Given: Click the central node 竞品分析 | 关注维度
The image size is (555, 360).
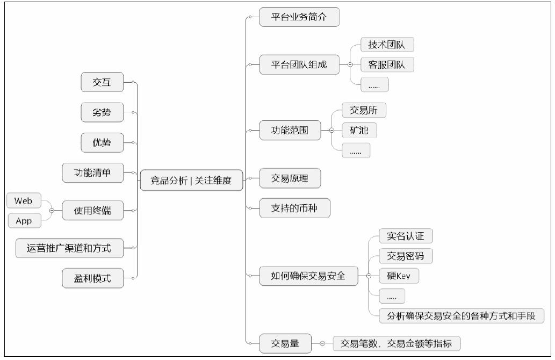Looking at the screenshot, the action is pos(191,181).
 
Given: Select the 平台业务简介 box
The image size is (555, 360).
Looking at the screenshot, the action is pos(299,17).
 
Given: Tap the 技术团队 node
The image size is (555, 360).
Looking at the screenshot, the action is pos(387,45).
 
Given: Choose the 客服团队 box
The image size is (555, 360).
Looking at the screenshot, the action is pos(387,65).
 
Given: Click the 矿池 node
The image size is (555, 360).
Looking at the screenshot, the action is pos(359,130).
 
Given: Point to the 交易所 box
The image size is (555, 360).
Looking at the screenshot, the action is pos(364,110).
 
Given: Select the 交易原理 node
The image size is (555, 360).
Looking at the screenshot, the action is pos(290,178).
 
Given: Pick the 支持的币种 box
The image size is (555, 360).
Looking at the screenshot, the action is pos(294,208).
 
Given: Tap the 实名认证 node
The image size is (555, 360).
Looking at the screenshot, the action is pos(406,236).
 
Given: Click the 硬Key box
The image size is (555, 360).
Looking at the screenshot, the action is pos(399,276).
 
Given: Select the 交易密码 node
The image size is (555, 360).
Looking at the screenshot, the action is pos(406,256).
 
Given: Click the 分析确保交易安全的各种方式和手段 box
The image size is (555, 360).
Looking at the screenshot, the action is pos(461,316).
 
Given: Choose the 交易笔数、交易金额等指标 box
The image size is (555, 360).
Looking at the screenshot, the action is pos(397,343).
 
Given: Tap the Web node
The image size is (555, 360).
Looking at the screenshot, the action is pos(24,201).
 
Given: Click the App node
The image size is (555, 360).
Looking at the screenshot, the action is pos(24,221).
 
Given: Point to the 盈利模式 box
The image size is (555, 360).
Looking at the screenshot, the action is pos(93,278).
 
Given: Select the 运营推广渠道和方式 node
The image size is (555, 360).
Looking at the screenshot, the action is pos(69,248).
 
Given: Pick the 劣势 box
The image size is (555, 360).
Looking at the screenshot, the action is pos(102,112).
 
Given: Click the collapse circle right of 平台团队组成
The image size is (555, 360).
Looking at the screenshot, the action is pos(350,65).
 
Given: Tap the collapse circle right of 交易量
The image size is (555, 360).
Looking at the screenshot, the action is pos(322,343).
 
